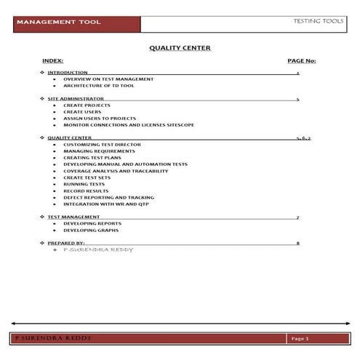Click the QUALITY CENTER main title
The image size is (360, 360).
coord(180,48)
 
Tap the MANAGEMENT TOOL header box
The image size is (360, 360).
coord(59,23)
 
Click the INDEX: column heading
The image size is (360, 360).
coord(53,60)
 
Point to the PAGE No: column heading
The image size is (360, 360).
coord(301,60)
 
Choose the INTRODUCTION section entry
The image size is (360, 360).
coord(68,73)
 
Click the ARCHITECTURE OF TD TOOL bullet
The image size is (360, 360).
coord(99,85)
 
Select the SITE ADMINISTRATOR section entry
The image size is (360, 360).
coord(75,97)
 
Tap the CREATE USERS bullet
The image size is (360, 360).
coord(81,111)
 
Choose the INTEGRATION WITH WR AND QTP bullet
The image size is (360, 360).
coord(105,204)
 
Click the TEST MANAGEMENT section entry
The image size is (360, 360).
coord(73,217)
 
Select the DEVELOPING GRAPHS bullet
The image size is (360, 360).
coord(89,230)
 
